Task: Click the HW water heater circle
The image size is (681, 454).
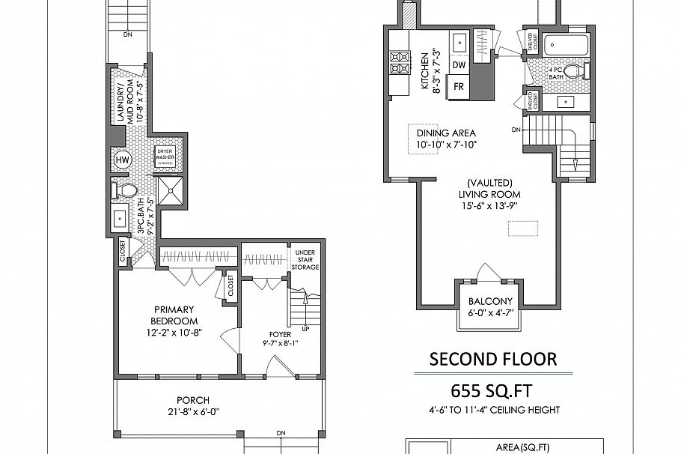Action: (x=122, y=160)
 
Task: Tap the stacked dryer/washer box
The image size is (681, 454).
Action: (x=165, y=157)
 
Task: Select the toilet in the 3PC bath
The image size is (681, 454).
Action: (x=125, y=190)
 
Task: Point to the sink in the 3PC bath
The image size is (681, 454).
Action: (x=120, y=219)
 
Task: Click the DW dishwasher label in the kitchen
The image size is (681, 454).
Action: (x=459, y=65)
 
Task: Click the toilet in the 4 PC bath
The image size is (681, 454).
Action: (x=574, y=72)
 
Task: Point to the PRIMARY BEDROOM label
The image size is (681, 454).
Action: (x=174, y=309)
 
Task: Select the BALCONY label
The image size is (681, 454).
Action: (x=490, y=302)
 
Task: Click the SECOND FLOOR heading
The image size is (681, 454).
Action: (x=492, y=360)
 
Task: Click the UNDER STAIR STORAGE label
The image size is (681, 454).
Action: (x=306, y=260)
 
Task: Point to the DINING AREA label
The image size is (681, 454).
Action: (x=446, y=133)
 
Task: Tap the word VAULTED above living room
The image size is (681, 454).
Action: (x=490, y=182)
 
